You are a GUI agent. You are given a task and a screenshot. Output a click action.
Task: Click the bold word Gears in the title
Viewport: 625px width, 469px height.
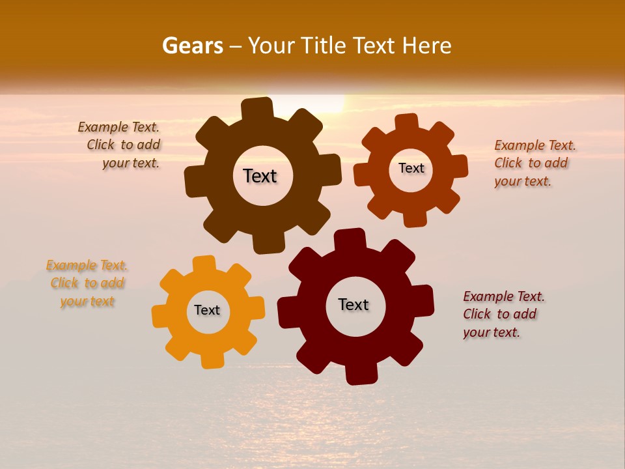[192, 46]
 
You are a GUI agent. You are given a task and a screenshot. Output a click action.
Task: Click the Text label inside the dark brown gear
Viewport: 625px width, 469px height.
[260, 176]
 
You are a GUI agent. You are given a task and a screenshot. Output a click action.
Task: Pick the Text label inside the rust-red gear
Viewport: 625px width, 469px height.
[411, 168]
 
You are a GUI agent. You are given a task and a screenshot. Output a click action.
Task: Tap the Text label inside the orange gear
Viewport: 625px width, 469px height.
[207, 310]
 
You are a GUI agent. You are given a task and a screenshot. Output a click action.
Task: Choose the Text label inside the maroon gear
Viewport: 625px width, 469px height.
[354, 305]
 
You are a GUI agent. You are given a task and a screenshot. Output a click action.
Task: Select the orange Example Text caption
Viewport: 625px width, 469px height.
[87, 283]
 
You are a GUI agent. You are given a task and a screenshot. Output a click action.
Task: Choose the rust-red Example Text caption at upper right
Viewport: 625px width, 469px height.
[534, 163]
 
